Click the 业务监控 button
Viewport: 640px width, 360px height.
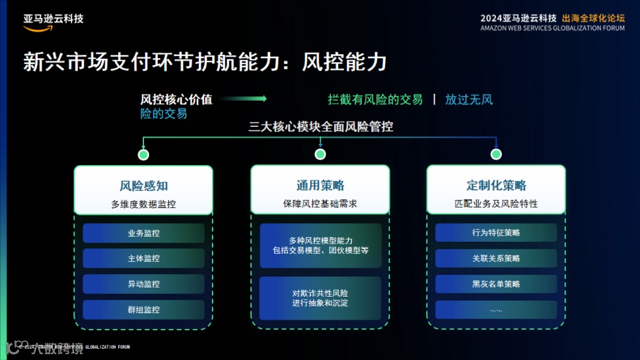143,233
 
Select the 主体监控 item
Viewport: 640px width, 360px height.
143,258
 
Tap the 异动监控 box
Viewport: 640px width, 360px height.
143,284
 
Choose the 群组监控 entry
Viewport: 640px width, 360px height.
143,309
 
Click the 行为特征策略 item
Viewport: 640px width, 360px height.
496,233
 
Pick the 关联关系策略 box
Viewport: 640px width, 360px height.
496,258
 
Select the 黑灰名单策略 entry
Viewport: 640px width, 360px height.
496,284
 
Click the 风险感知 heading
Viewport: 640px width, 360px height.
143,186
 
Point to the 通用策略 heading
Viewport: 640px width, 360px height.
320,186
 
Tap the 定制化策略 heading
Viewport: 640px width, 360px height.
496,186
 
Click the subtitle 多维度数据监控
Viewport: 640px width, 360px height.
143,204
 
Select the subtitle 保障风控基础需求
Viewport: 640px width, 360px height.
320,204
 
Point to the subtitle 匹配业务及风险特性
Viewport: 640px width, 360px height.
496,204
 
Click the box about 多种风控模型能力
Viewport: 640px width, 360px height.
320,246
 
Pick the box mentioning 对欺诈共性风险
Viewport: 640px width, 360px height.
320,298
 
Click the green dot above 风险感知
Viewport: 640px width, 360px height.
143,155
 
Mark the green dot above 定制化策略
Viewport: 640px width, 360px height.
496,155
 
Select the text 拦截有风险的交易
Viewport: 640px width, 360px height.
375,100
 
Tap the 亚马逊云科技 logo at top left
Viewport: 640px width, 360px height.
53,20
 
